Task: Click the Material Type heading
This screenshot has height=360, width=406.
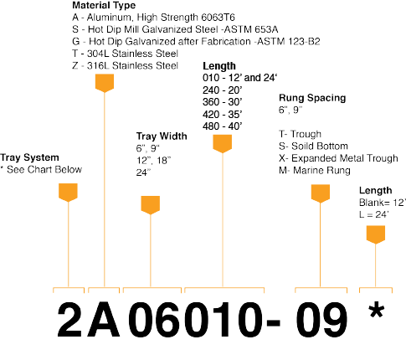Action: click(x=104, y=5)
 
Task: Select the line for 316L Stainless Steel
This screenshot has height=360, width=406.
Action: click(x=125, y=65)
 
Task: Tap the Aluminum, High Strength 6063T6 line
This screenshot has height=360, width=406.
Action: click(x=153, y=18)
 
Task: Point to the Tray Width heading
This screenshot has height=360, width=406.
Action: click(x=162, y=136)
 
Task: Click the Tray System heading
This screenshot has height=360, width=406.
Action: click(x=29, y=157)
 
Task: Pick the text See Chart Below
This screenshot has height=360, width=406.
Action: click(x=44, y=169)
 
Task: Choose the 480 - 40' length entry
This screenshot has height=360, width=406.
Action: click(x=223, y=126)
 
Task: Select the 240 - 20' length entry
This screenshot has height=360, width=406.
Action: click(x=223, y=90)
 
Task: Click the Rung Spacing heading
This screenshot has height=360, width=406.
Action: click(x=312, y=98)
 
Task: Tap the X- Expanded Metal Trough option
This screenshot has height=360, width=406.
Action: click(x=338, y=158)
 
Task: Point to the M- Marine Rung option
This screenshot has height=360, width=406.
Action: click(x=315, y=170)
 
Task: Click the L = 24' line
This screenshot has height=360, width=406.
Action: click(x=374, y=214)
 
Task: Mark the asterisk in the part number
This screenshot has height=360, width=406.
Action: click(x=377, y=310)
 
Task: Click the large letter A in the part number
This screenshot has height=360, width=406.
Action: click(x=104, y=320)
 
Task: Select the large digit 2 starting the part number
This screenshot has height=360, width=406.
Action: click(x=69, y=319)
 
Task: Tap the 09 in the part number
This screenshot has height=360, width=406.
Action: click(x=321, y=320)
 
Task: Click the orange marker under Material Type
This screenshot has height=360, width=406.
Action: click(x=105, y=83)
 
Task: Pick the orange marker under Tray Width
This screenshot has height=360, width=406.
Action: click(x=151, y=205)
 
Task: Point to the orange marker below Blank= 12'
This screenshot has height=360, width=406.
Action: click(x=376, y=234)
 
